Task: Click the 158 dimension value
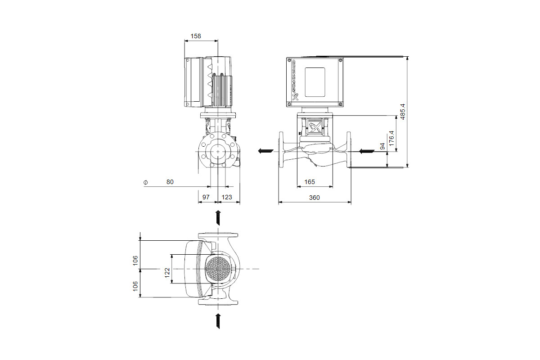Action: coord(195,36)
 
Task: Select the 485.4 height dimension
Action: coord(403,112)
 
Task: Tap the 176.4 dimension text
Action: coord(391,138)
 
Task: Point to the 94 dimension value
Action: coord(382,146)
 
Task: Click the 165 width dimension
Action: coord(310,182)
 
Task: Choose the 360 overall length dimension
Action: coord(315,198)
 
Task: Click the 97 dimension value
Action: coord(206,197)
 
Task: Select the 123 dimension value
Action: coord(227,197)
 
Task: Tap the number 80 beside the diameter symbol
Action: coord(170,182)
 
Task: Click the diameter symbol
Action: coord(145,183)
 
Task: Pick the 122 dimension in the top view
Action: coord(167,273)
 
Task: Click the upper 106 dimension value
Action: coord(135,261)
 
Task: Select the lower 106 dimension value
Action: coord(135,286)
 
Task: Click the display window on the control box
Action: coord(315,82)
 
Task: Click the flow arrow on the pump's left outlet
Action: coord(265,151)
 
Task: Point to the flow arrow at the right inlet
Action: coord(367,152)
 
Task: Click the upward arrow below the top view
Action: coord(218,321)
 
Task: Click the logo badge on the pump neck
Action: coord(315,126)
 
